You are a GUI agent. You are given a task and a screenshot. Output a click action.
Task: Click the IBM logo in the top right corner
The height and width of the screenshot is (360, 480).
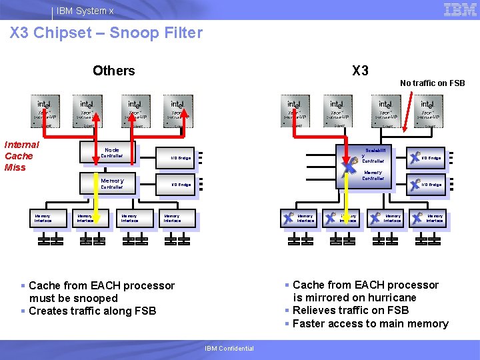tap(460, 9)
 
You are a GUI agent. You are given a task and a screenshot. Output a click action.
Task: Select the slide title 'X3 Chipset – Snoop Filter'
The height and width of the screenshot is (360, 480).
tap(107, 33)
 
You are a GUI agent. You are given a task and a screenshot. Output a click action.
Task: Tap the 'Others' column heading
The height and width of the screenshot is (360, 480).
tap(113, 71)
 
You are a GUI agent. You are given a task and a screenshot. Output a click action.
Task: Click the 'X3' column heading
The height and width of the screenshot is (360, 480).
tap(360, 71)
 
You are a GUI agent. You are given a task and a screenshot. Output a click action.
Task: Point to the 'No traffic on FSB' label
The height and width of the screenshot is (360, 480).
tap(432, 83)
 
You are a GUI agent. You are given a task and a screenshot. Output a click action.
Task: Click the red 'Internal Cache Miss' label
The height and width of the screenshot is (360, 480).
tap(22, 156)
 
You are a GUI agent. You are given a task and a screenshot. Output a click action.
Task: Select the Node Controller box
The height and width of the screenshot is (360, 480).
tap(107, 153)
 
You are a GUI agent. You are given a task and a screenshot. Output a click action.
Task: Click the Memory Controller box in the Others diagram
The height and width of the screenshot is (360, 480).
tap(107, 183)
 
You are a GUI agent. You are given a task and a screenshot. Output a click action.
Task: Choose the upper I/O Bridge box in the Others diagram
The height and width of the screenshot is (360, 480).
tap(180, 158)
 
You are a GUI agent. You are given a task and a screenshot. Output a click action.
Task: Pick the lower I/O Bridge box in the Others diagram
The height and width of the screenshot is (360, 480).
tap(180, 185)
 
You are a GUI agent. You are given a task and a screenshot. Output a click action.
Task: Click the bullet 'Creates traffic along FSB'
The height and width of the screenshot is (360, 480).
tap(92, 311)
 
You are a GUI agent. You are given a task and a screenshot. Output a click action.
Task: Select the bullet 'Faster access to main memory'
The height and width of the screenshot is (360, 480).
tap(370, 324)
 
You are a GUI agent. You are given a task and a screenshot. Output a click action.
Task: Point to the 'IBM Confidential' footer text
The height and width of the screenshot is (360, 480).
tap(229, 349)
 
